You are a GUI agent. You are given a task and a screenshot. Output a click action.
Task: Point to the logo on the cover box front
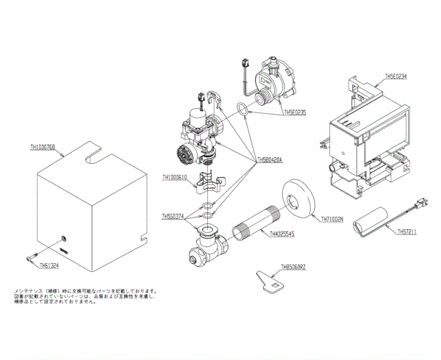[64, 250]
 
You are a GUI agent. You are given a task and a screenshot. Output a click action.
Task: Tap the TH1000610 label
[176, 177]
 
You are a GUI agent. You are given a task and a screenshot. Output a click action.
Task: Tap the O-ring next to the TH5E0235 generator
[240, 111]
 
